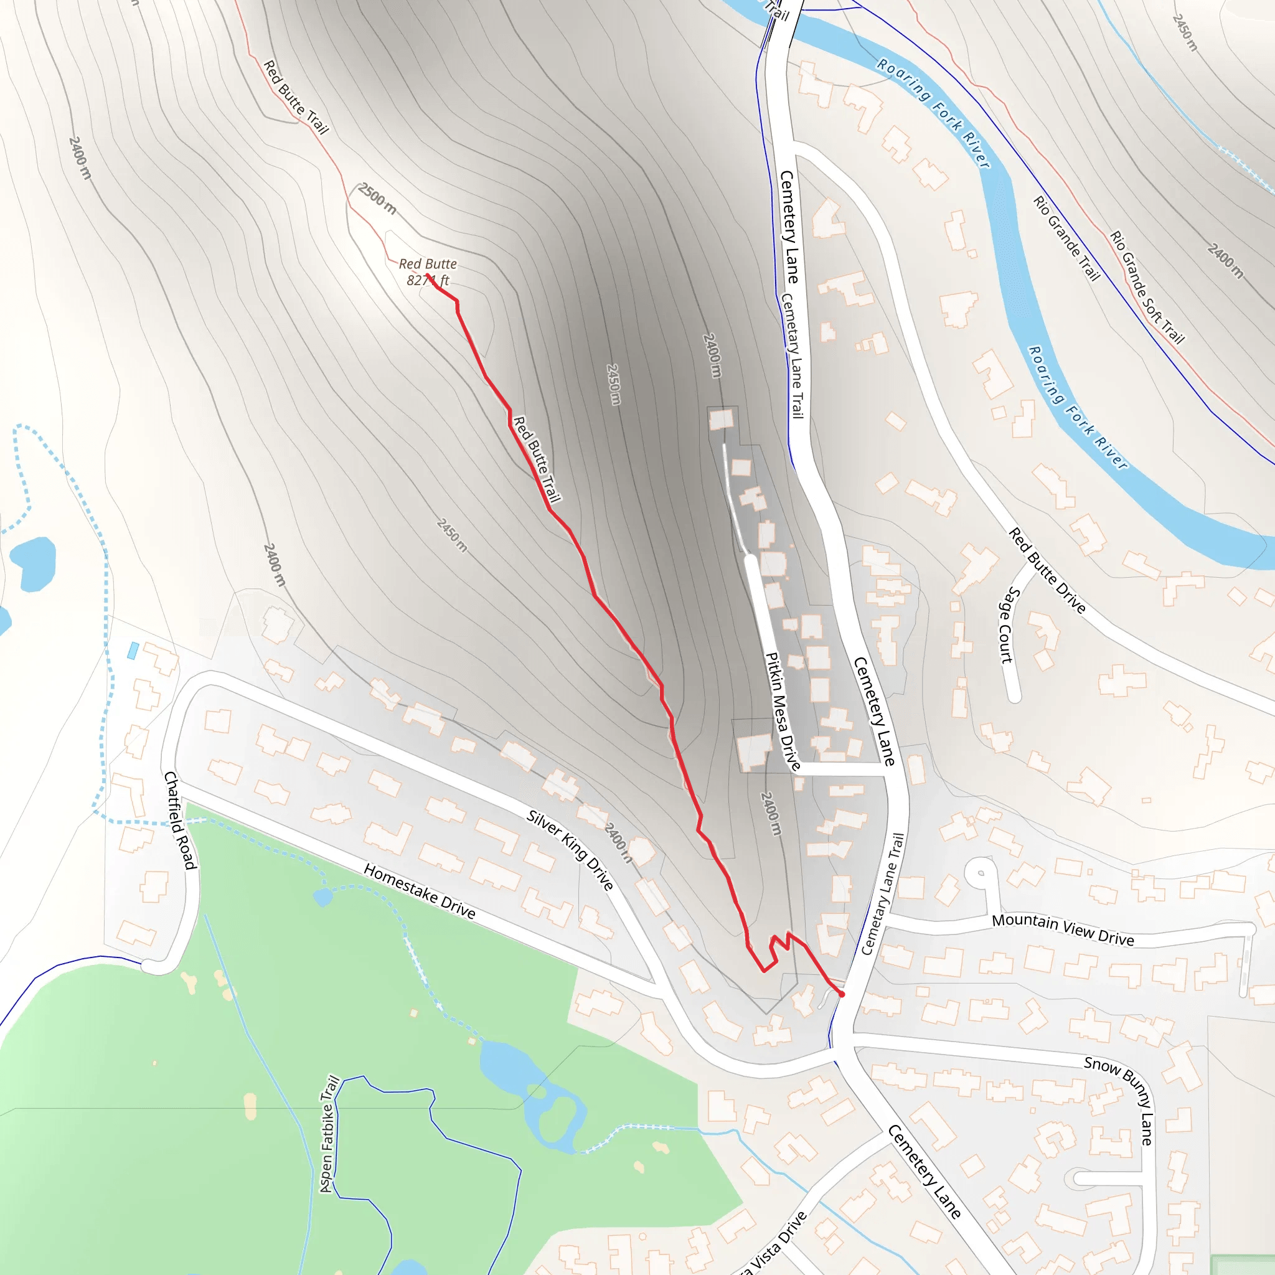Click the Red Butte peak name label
coord(428,264)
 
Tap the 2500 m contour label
coord(377,198)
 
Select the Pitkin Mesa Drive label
coord(782,712)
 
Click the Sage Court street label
coord(1007,625)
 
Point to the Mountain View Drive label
coord(1063,929)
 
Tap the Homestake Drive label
coord(419,892)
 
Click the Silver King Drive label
coord(570,850)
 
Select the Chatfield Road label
coord(179,821)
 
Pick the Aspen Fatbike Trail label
coord(329,1134)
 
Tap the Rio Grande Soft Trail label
coord(1147,287)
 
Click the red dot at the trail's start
coord(842,994)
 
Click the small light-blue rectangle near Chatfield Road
coord(133,651)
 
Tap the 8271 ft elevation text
coord(428,281)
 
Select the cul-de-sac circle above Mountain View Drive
coord(981,873)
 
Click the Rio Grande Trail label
coord(1066,238)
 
